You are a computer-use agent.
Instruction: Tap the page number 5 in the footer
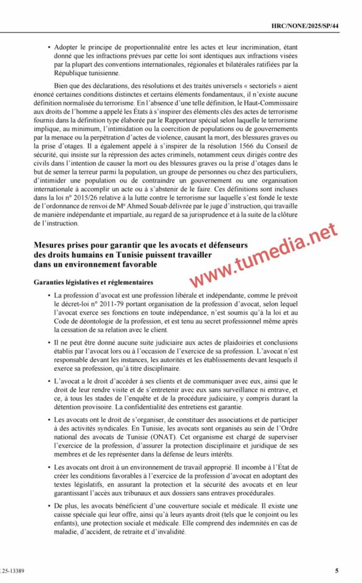pyautogui.click(x=337, y=570)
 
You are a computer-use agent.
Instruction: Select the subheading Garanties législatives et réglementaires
pyautogui.click(x=93, y=282)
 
